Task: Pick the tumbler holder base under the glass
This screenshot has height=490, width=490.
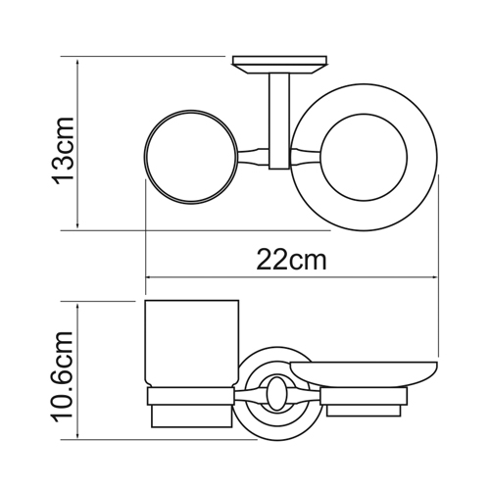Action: coord(191,408)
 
